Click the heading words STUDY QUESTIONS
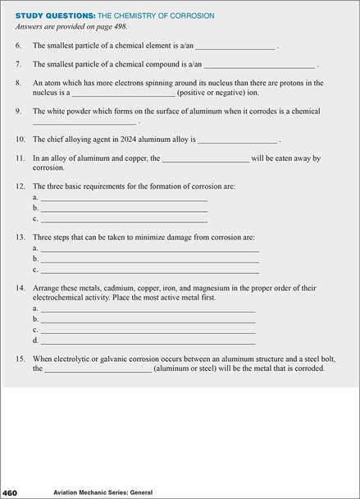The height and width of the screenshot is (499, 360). point(49,15)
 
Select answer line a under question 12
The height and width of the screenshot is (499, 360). point(124,199)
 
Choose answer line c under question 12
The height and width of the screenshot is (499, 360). point(124,221)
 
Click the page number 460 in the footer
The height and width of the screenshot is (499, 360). point(15,492)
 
